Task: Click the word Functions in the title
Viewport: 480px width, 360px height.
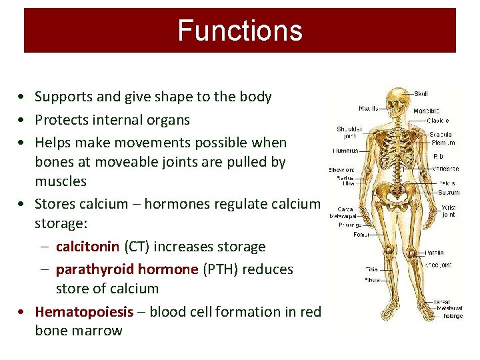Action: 239,31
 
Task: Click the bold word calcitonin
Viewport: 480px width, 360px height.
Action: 87,247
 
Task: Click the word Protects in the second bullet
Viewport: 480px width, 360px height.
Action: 61,120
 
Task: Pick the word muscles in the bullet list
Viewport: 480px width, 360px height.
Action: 61,181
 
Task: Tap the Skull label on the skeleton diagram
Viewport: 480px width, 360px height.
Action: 421,94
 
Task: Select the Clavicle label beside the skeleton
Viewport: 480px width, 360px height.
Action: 438,121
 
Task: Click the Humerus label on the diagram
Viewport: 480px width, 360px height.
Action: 346,151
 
